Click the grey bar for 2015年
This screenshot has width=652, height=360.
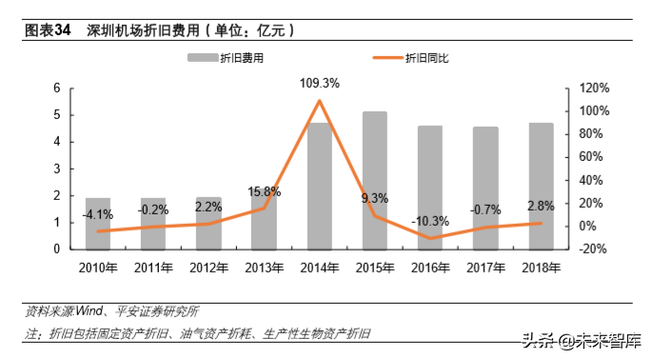tap(374, 181)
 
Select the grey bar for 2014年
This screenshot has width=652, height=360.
tap(319, 187)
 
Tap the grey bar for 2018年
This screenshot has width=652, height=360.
tap(541, 187)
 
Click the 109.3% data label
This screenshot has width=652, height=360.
tap(319, 84)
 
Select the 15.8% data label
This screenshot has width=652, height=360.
tap(263, 192)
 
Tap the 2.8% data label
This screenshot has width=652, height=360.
tap(541, 206)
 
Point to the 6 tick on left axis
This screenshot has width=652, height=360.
tap(57, 88)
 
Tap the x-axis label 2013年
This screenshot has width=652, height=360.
tap(263, 267)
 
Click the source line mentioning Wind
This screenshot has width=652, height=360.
tap(112, 310)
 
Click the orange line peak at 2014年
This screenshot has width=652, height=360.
tap(319, 101)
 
